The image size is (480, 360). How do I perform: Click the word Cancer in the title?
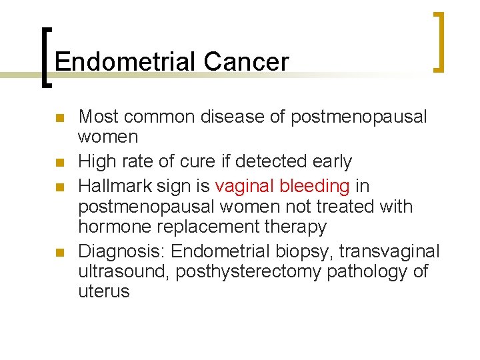(246, 61)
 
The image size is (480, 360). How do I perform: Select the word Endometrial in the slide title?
(127, 61)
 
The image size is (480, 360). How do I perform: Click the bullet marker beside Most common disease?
(59, 119)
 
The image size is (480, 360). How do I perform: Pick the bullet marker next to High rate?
(59, 163)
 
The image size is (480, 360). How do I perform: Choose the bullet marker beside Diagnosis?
(59, 252)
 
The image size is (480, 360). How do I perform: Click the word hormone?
(116, 227)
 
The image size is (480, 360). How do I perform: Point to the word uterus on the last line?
(104, 292)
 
